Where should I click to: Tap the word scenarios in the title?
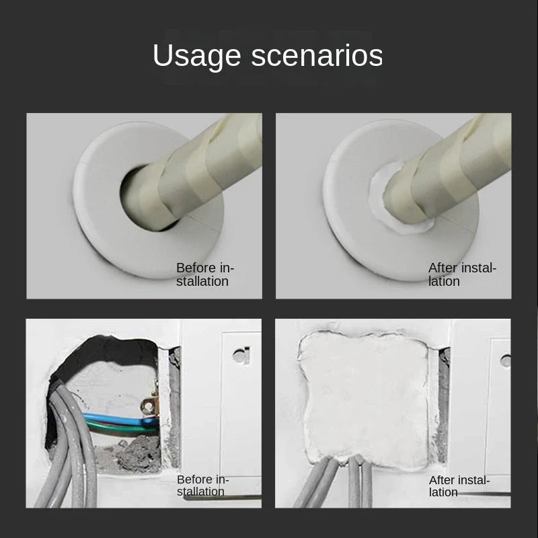317,56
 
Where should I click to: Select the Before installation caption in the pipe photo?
205,274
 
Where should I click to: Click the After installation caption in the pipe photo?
462,274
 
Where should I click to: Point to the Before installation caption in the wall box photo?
202,486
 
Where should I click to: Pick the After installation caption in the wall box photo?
459,486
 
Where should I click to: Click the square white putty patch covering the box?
363,397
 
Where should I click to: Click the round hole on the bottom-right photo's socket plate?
505,360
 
